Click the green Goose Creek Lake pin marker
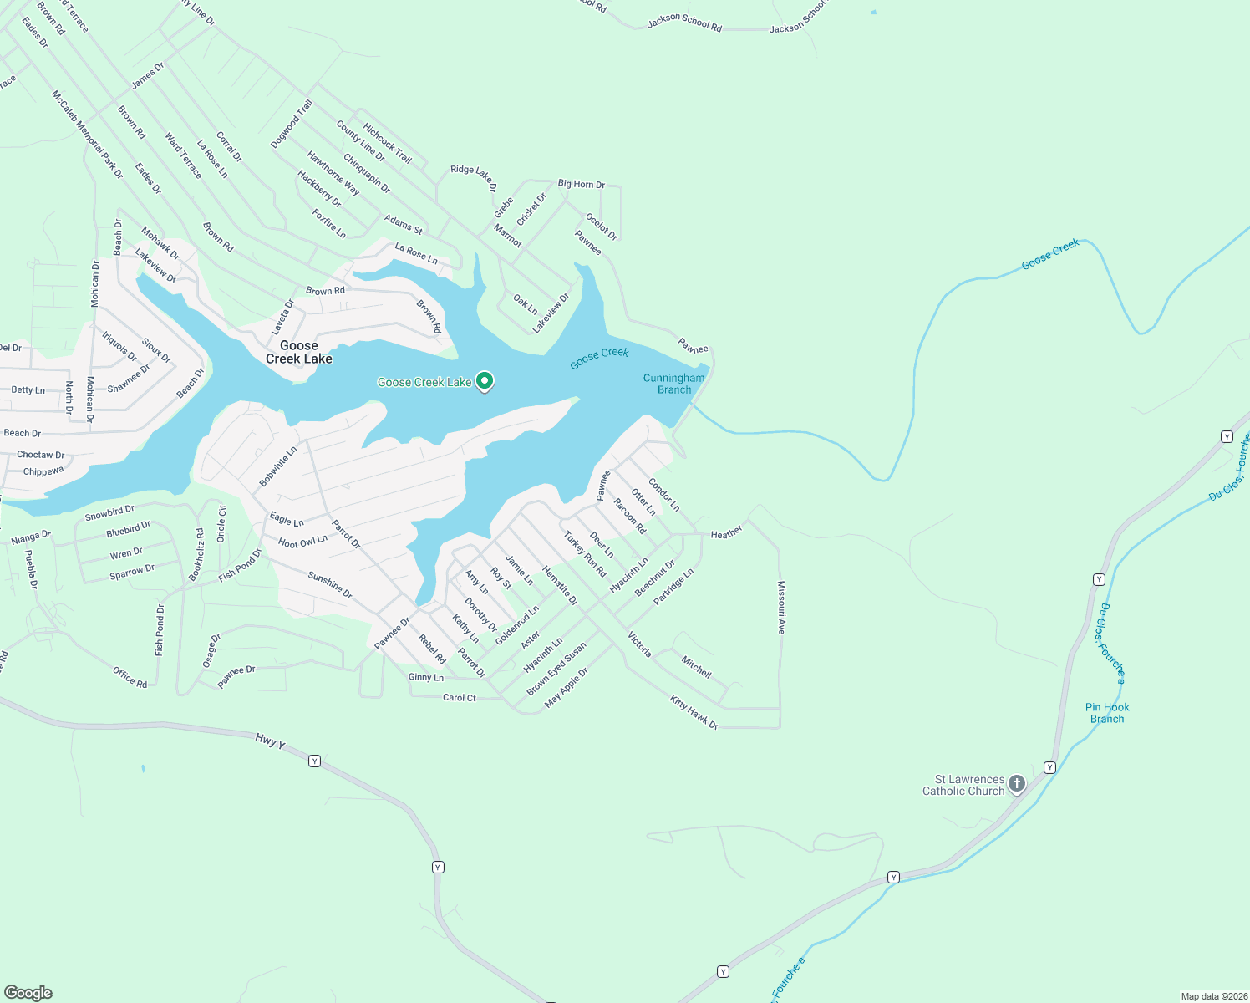484,381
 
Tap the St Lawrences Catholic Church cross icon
1017,784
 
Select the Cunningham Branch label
673,384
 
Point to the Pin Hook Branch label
1107,713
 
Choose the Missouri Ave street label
781,608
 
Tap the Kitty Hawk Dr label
694,713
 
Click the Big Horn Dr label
582,184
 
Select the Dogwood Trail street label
292,124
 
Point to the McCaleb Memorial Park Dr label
87,135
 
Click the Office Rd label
130,677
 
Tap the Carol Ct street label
460,698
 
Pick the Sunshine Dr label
330,585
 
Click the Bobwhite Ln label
278,466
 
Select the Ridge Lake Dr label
474,176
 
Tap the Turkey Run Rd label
585,554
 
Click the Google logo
28,992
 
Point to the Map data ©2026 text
1212,996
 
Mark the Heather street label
726,532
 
